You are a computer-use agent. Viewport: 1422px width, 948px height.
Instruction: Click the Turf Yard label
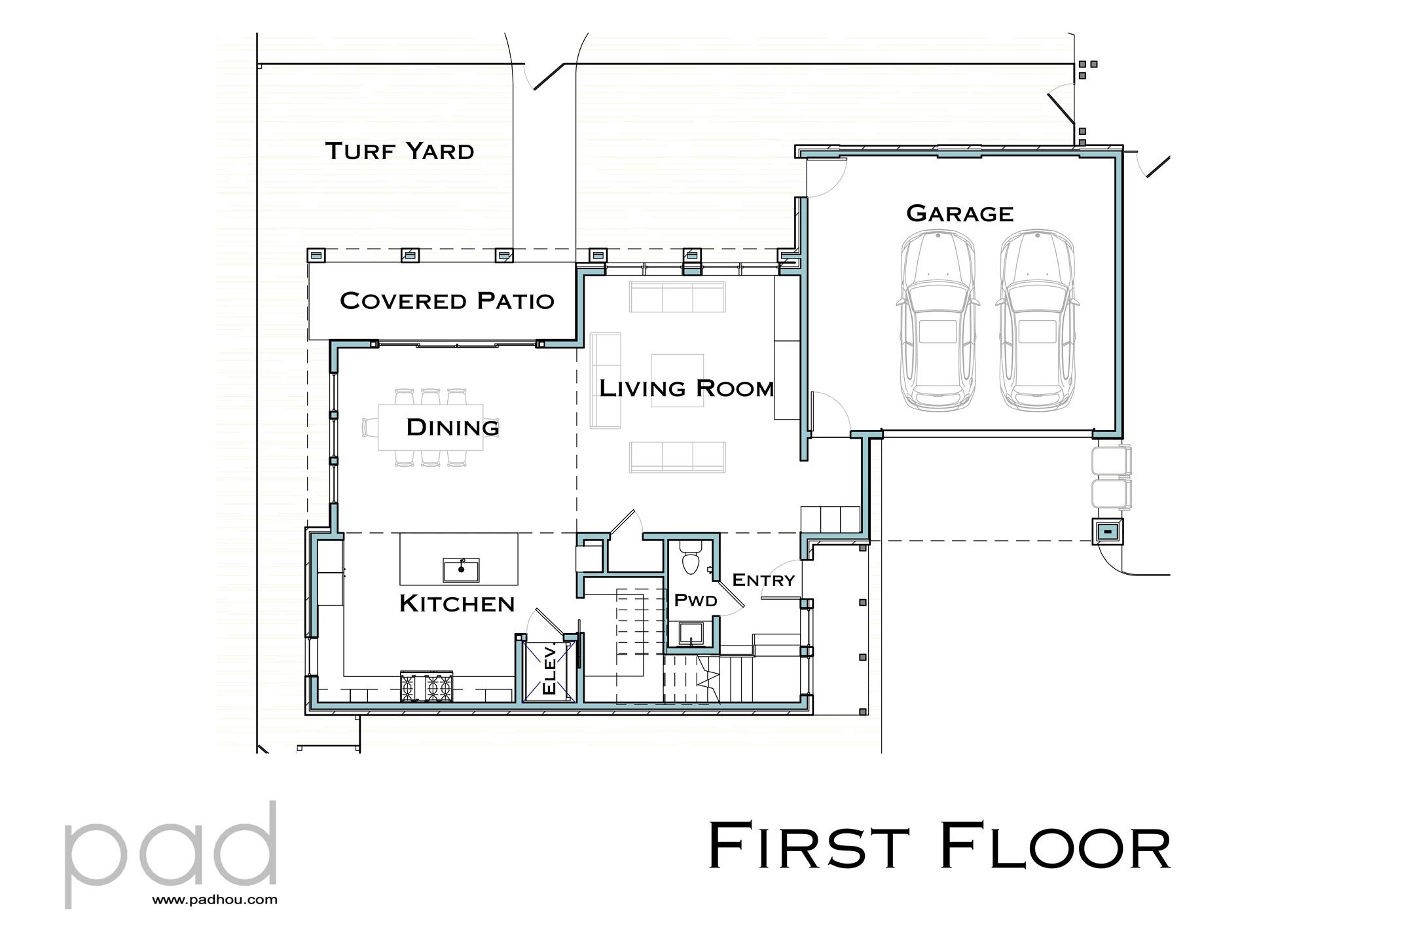click(399, 151)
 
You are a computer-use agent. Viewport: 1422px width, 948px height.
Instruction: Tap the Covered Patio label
click(447, 301)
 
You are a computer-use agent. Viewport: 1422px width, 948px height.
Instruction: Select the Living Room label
click(687, 388)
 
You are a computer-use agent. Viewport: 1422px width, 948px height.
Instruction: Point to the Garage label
click(960, 213)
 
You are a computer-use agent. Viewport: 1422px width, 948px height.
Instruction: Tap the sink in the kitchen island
click(461, 570)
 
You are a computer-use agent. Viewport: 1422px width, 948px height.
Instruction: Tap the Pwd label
click(695, 600)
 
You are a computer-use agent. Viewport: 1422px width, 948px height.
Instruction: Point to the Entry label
click(763, 580)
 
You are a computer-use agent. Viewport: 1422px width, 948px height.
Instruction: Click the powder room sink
click(690, 633)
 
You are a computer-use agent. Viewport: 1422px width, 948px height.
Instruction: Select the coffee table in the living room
click(677, 380)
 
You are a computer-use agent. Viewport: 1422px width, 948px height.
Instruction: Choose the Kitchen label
click(457, 604)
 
